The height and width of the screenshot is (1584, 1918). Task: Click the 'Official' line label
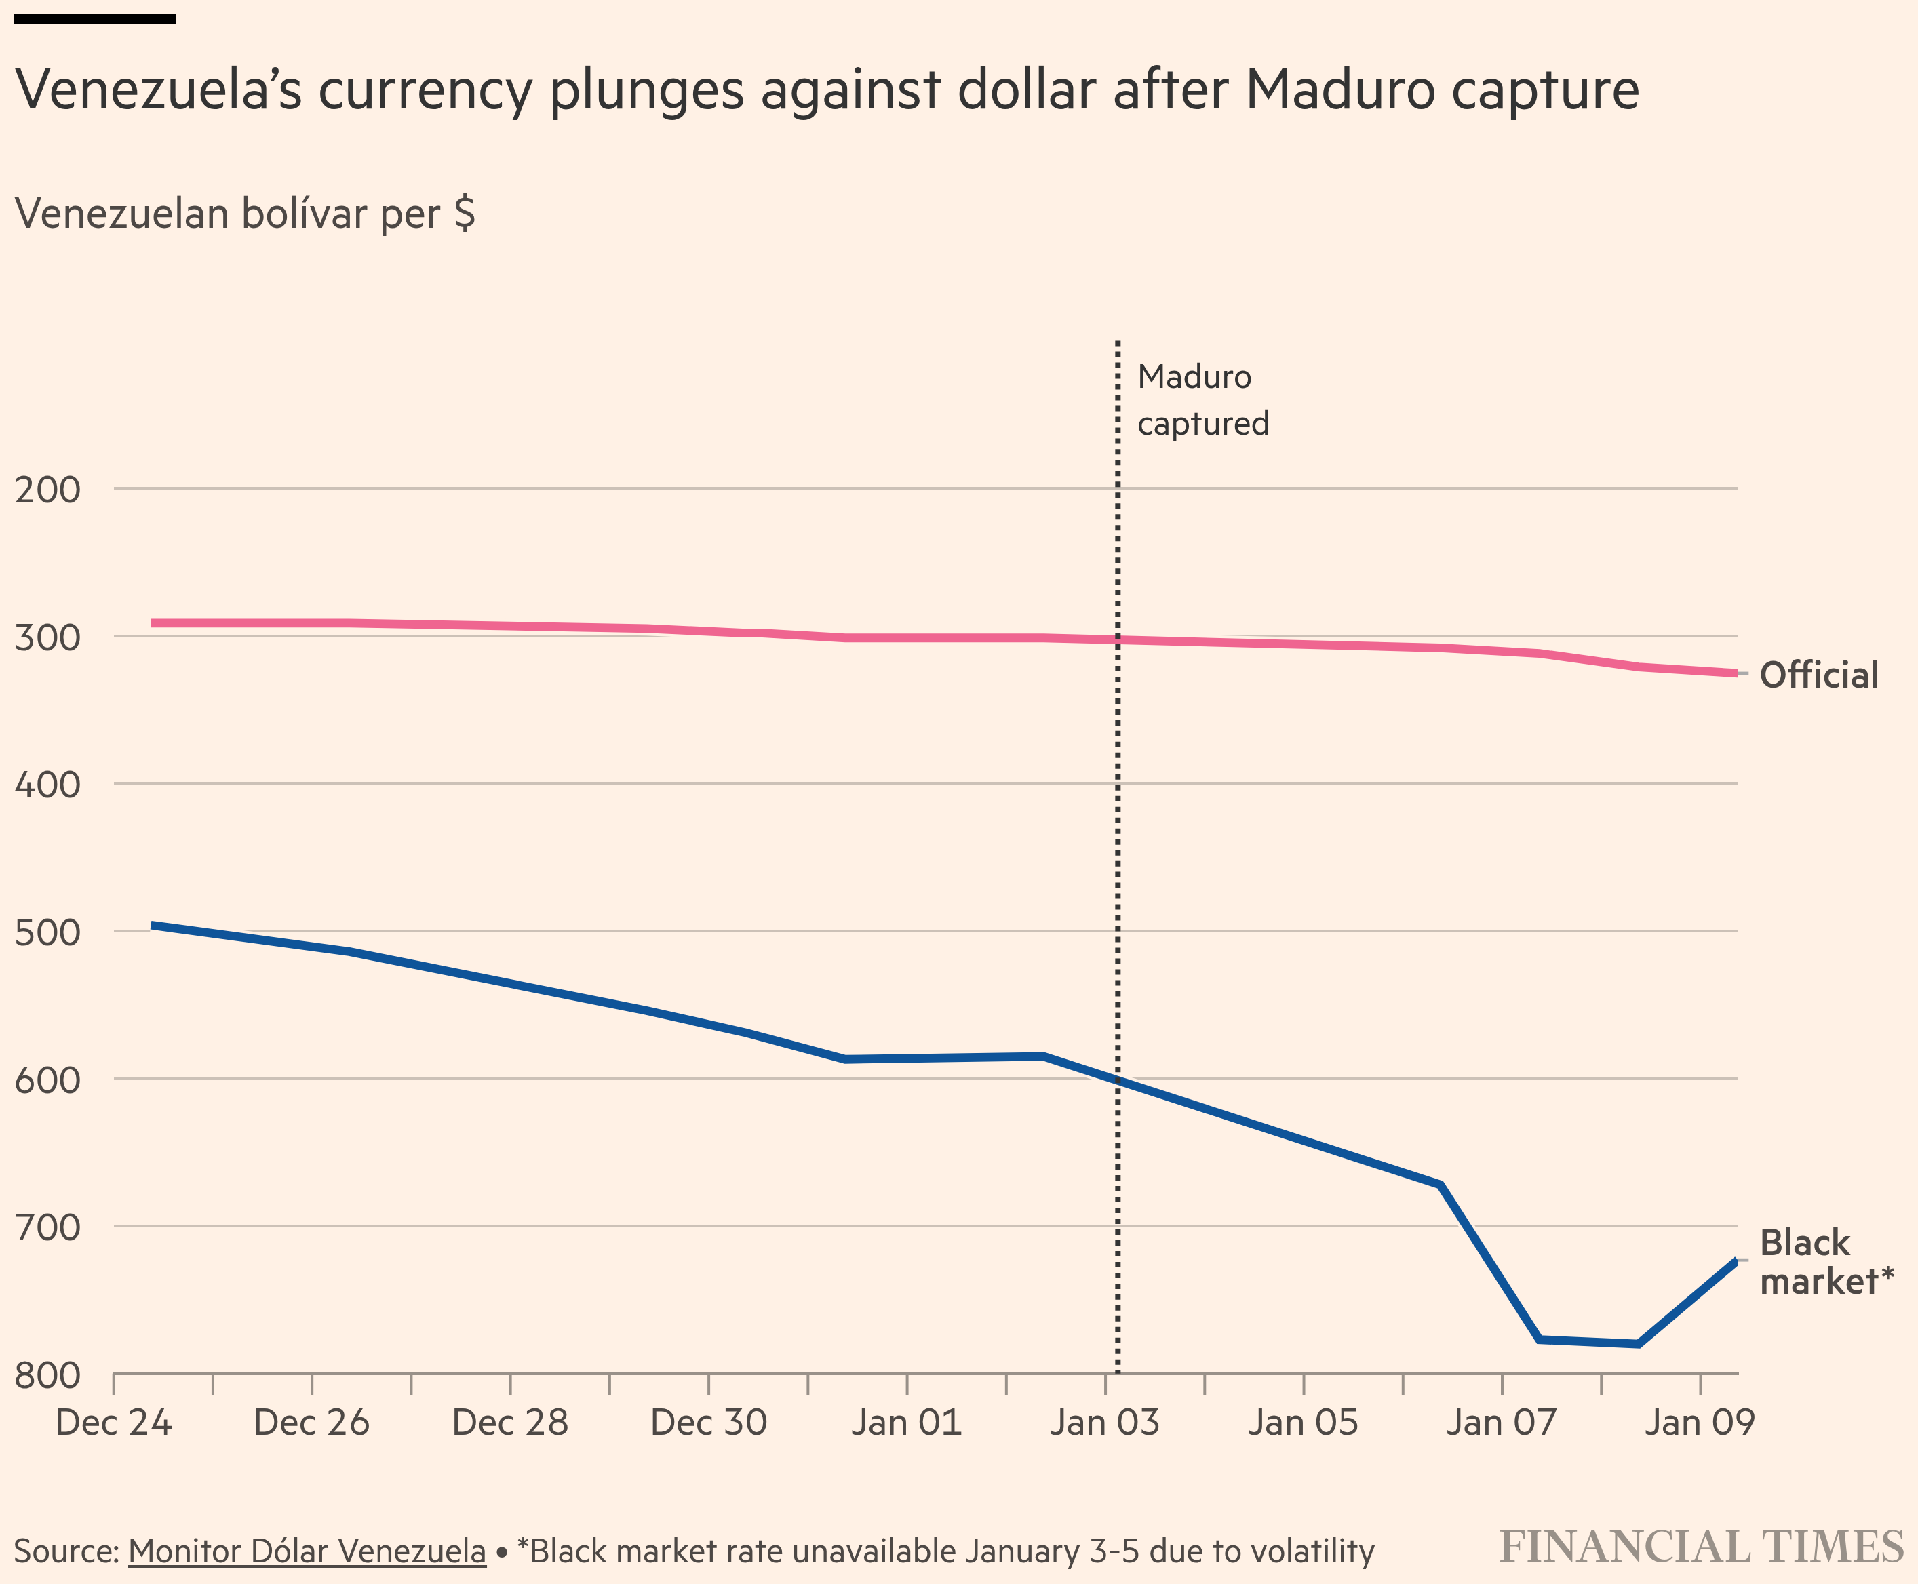tap(1818, 675)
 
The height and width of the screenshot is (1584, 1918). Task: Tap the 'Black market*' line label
tap(1826, 1262)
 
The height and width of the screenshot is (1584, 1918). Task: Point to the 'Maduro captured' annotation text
tap(1202, 399)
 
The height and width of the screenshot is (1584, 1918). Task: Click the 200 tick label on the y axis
tap(47, 490)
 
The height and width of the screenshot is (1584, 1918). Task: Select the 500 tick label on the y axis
tap(47, 932)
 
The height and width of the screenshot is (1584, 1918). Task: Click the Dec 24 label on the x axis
tap(113, 1423)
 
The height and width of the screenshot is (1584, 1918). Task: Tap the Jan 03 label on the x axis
tap(1104, 1423)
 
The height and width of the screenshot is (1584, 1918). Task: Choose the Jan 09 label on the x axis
tap(1699, 1423)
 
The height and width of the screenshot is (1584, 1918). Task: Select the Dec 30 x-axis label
tap(708, 1423)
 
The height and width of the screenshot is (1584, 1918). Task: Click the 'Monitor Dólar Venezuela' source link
tap(307, 1551)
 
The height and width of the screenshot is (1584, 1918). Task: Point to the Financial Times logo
tap(1702, 1547)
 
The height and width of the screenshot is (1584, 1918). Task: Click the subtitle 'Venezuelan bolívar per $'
tap(246, 214)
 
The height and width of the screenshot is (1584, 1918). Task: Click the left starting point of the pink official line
tap(153, 623)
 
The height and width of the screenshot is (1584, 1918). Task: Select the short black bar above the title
tap(95, 19)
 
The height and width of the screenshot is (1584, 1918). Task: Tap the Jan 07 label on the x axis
tap(1501, 1423)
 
